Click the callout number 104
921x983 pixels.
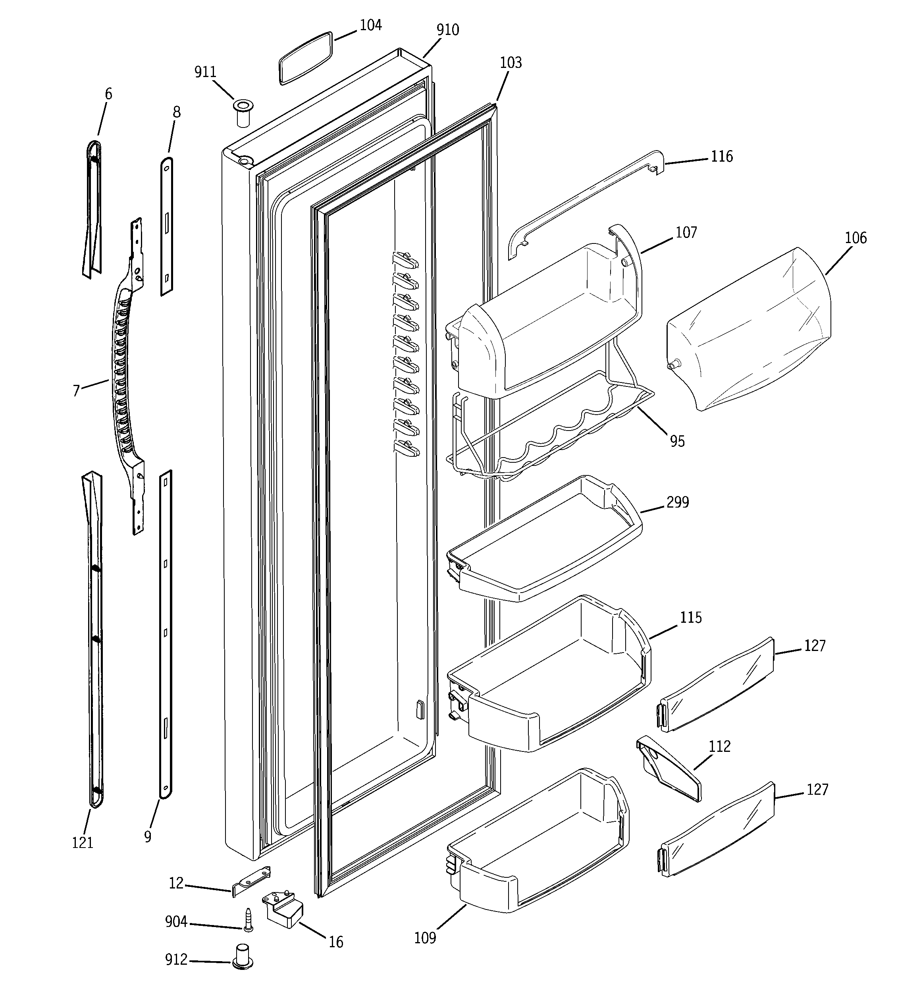pyautogui.click(x=370, y=25)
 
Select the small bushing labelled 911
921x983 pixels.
pyautogui.click(x=242, y=113)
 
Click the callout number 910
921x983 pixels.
pyautogui.click(x=447, y=30)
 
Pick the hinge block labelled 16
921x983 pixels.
pyautogui.click(x=284, y=909)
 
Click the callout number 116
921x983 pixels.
pyautogui.click(x=721, y=157)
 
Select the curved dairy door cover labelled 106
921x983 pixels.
pyautogui.click(x=750, y=329)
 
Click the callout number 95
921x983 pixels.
pyautogui.click(x=677, y=441)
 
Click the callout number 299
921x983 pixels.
pyautogui.click(x=677, y=502)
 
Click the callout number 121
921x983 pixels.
pyautogui.click(x=83, y=842)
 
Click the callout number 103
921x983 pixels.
pyautogui.click(x=510, y=63)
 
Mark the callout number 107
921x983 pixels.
pyautogui.click(x=686, y=232)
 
